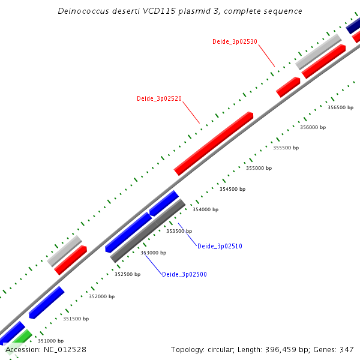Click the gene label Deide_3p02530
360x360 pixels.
[x=235, y=41]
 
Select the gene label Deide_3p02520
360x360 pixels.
[x=159, y=98]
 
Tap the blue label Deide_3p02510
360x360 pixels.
[x=220, y=246]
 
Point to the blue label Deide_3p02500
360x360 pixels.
[x=184, y=274]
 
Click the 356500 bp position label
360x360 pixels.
[x=340, y=108]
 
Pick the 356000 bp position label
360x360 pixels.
[x=313, y=127]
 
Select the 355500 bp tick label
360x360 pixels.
[x=286, y=148]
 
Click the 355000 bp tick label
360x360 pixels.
[x=259, y=168]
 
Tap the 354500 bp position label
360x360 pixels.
[x=232, y=189]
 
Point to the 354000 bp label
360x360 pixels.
[x=205, y=209]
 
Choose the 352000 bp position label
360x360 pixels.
[x=101, y=296]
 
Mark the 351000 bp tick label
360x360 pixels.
[x=50, y=341]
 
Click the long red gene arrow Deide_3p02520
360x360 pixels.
[x=214, y=143]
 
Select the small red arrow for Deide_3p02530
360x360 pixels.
[x=288, y=87]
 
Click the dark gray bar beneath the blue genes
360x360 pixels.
[x=148, y=231]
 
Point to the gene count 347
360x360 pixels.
[x=346, y=349]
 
